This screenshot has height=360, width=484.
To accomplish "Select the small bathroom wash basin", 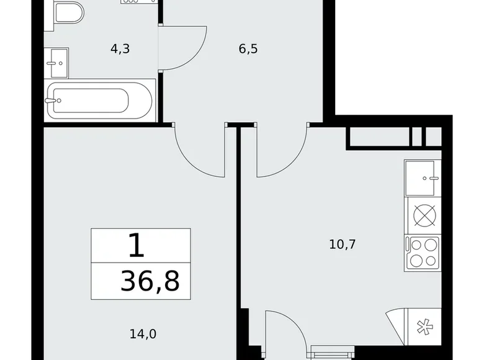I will [x=56, y=62].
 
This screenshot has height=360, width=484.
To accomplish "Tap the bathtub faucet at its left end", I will [x=51, y=99].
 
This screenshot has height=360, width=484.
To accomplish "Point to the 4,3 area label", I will [x=120, y=49].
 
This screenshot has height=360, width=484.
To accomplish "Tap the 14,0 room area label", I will [x=143, y=334].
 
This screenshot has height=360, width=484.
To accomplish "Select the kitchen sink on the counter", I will [x=423, y=178].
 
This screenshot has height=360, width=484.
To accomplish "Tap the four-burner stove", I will [x=423, y=253].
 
